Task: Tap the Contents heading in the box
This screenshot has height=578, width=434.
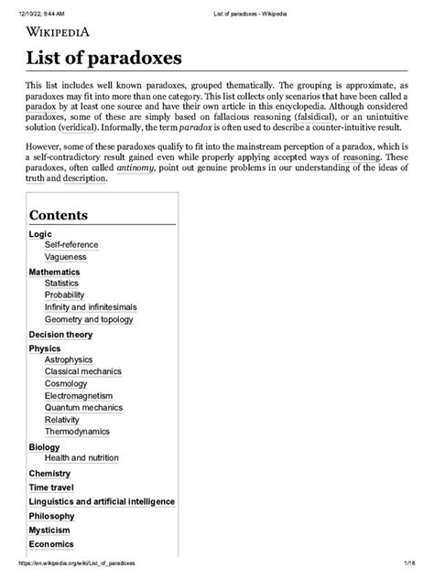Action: tap(71, 215)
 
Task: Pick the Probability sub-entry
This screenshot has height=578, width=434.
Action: tap(64, 295)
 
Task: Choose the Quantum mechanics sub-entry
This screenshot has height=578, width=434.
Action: tap(83, 408)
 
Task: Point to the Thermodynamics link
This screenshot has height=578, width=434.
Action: tap(77, 432)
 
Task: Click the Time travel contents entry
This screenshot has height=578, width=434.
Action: tap(53, 487)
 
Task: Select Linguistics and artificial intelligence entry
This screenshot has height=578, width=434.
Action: tap(102, 501)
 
